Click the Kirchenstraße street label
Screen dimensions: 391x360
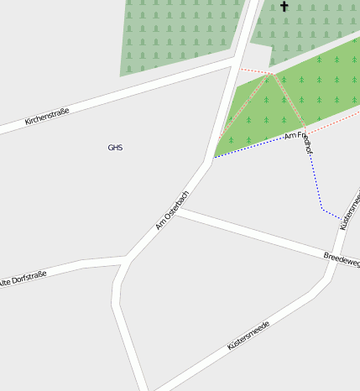pos(47,116)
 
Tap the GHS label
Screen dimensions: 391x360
pos(115,148)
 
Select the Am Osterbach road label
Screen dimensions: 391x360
pos(172,209)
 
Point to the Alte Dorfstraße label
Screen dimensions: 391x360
pos(23,278)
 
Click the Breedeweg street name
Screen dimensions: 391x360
pos(342,259)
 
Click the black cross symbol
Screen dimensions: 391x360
pos(284,7)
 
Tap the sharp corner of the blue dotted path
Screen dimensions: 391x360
pos(322,207)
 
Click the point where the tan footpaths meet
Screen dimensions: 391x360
pos(271,74)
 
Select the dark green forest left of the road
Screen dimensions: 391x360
pos(176,34)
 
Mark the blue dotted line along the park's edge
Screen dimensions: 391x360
pos(252,146)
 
